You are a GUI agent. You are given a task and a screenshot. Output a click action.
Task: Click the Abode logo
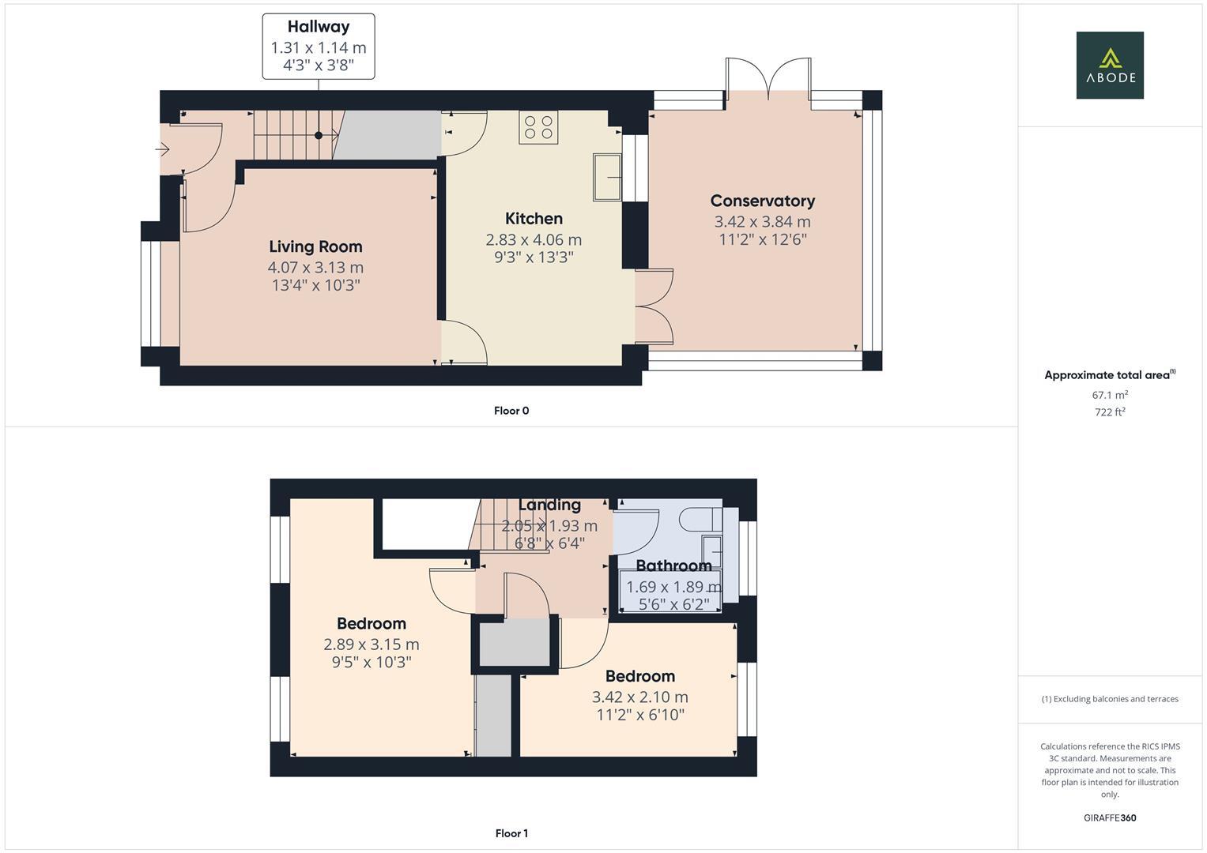pyautogui.click(x=1109, y=65)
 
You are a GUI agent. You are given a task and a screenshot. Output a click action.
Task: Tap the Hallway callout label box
pyautogui.click(x=319, y=47)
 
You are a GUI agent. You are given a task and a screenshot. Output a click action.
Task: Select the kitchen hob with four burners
pyautogui.click(x=537, y=127)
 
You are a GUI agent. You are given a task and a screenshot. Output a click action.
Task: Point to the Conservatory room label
pyautogui.click(x=762, y=201)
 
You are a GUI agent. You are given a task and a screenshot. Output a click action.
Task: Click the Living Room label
pyautogui.click(x=315, y=246)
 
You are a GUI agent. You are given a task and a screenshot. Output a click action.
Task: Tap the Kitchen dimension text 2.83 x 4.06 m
pyautogui.click(x=534, y=239)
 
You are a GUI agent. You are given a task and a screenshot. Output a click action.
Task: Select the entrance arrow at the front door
pyautogui.click(x=164, y=149)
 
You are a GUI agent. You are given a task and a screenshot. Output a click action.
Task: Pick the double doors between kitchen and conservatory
pyautogui.click(x=655, y=306)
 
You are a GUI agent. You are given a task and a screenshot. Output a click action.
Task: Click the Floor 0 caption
pyautogui.click(x=511, y=411)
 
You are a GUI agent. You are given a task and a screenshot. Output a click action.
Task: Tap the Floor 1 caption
pyautogui.click(x=511, y=833)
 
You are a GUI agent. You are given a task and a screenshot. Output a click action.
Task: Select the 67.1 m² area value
pyautogui.click(x=1110, y=395)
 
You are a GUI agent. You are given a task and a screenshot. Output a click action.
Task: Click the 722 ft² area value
pyautogui.click(x=1110, y=412)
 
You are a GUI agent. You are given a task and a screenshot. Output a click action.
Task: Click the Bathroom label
pyautogui.click(x=673, y=566)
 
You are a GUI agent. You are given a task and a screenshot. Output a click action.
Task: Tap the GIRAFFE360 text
pyautogui.click(x=1110, y=817)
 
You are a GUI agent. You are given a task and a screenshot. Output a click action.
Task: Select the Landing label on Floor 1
pyautogui.click(x=549, y=505)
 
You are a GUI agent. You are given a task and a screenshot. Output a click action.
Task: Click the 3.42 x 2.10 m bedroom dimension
pyautogui.click(x=639, y=697)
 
